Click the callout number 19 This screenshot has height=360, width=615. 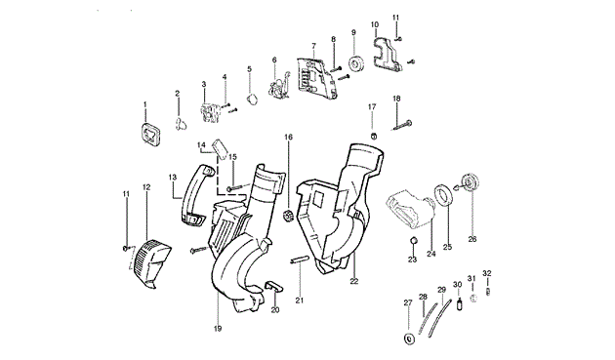point(218,329)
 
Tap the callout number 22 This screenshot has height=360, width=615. point(354,281)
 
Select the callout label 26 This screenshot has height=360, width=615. point(472,239)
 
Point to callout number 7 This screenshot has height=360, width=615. point(313,46)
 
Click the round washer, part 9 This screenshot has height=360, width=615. point(356,64)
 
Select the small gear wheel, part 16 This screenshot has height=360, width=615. point(288,216)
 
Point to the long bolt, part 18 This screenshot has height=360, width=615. point(402,125)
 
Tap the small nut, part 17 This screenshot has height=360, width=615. point(374,136)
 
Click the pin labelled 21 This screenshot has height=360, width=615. point(300,260)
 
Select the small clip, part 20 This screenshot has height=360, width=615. point(273,286)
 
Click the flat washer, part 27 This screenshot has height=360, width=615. point(409,339)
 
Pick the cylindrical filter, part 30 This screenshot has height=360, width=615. point(459,304)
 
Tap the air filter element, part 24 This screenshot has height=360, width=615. point(410,209)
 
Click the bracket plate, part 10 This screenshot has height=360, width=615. point(387,54)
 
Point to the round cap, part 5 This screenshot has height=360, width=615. point(253,99)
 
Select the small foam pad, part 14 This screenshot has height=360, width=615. point(220,149)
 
